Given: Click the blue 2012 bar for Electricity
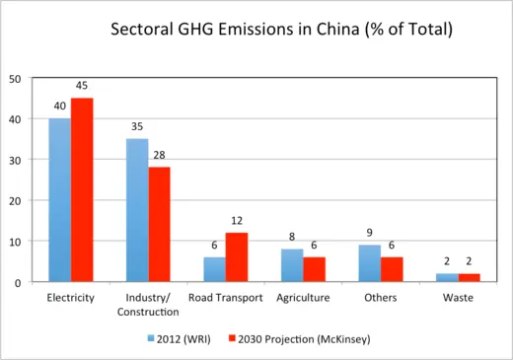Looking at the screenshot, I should tap(59, 200).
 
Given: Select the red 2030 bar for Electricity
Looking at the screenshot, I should tap(82, 190).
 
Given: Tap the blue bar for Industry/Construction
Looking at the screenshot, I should tap(136, 210).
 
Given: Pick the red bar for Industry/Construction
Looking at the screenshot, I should tap(159, 225).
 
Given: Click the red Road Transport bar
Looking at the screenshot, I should tap(236, 257).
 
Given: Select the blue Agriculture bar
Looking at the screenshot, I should tap(291, 265).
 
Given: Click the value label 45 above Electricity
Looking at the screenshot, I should tap(83, 85).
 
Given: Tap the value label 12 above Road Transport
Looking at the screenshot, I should tap(237, 220).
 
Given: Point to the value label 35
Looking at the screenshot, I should tap(136, 126).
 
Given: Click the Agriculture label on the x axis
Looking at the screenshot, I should tap(303, 297).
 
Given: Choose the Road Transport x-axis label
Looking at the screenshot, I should tap(225, 297).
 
